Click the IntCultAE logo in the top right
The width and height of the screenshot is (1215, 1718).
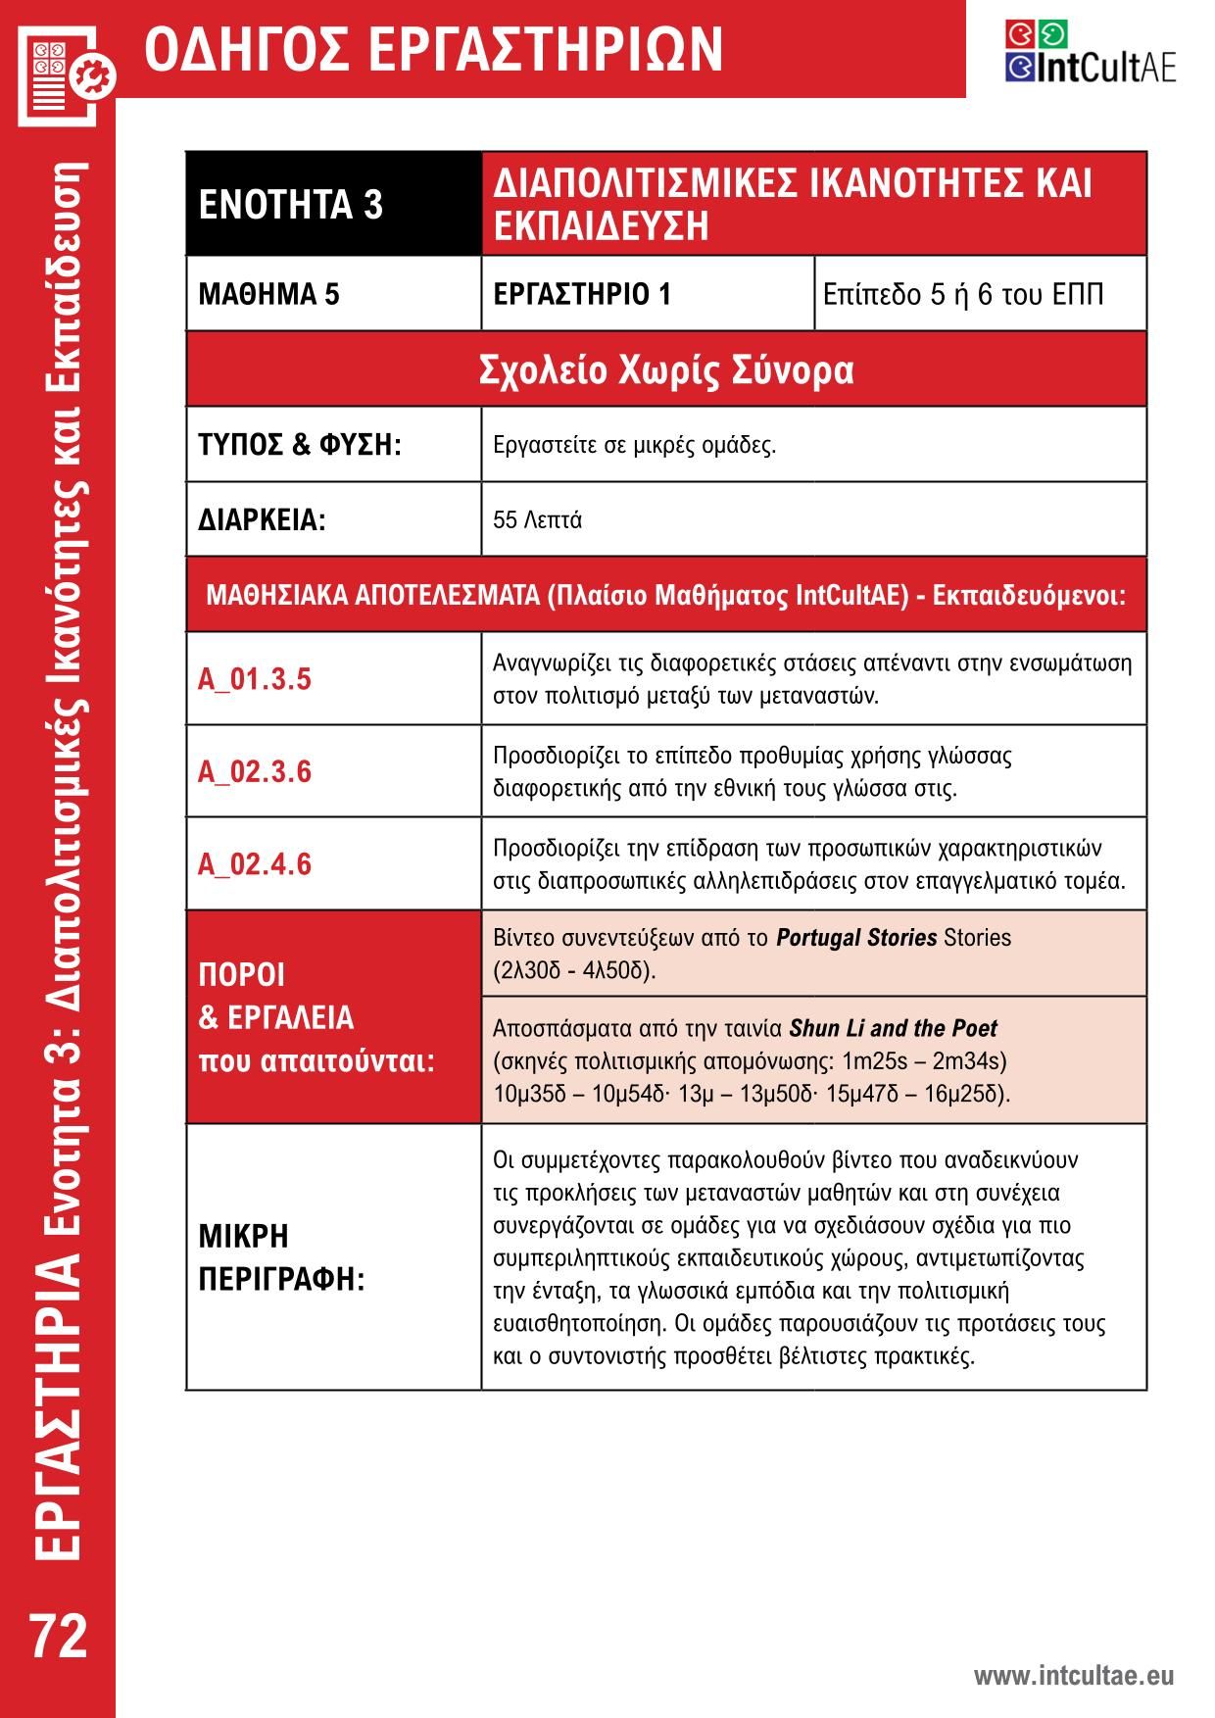click(1090, 51)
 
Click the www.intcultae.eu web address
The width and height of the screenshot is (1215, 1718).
click(1073, 1676)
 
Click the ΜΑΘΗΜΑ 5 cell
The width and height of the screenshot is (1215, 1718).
click(268, 294)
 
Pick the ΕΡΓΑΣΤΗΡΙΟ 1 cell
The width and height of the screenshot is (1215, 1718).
click(582, 294)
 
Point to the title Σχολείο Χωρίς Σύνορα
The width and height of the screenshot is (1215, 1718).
click(666, 370)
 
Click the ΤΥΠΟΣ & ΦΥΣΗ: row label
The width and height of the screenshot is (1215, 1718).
click(300, 445)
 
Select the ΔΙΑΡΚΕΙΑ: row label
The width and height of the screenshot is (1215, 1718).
click(262, 519)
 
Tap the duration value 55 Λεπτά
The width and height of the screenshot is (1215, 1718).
click(537, 519)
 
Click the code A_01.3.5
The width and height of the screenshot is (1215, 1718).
click(255, 679)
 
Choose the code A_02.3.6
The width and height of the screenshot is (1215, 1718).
click(255, 771)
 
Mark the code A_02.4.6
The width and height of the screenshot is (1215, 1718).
click(255, 863)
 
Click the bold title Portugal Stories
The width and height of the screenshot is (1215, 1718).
click(856, 938)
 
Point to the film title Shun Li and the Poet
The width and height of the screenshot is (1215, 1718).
click(893, 1029)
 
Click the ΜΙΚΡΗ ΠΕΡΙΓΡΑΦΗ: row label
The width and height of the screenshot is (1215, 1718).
click(281, 1257)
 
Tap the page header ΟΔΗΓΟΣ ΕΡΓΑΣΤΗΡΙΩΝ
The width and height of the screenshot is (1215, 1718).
click(433, 49)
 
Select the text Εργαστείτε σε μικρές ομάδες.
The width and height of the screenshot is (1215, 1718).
click(634, 445)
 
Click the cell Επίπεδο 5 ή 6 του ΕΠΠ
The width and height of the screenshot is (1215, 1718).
click(962, 294)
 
